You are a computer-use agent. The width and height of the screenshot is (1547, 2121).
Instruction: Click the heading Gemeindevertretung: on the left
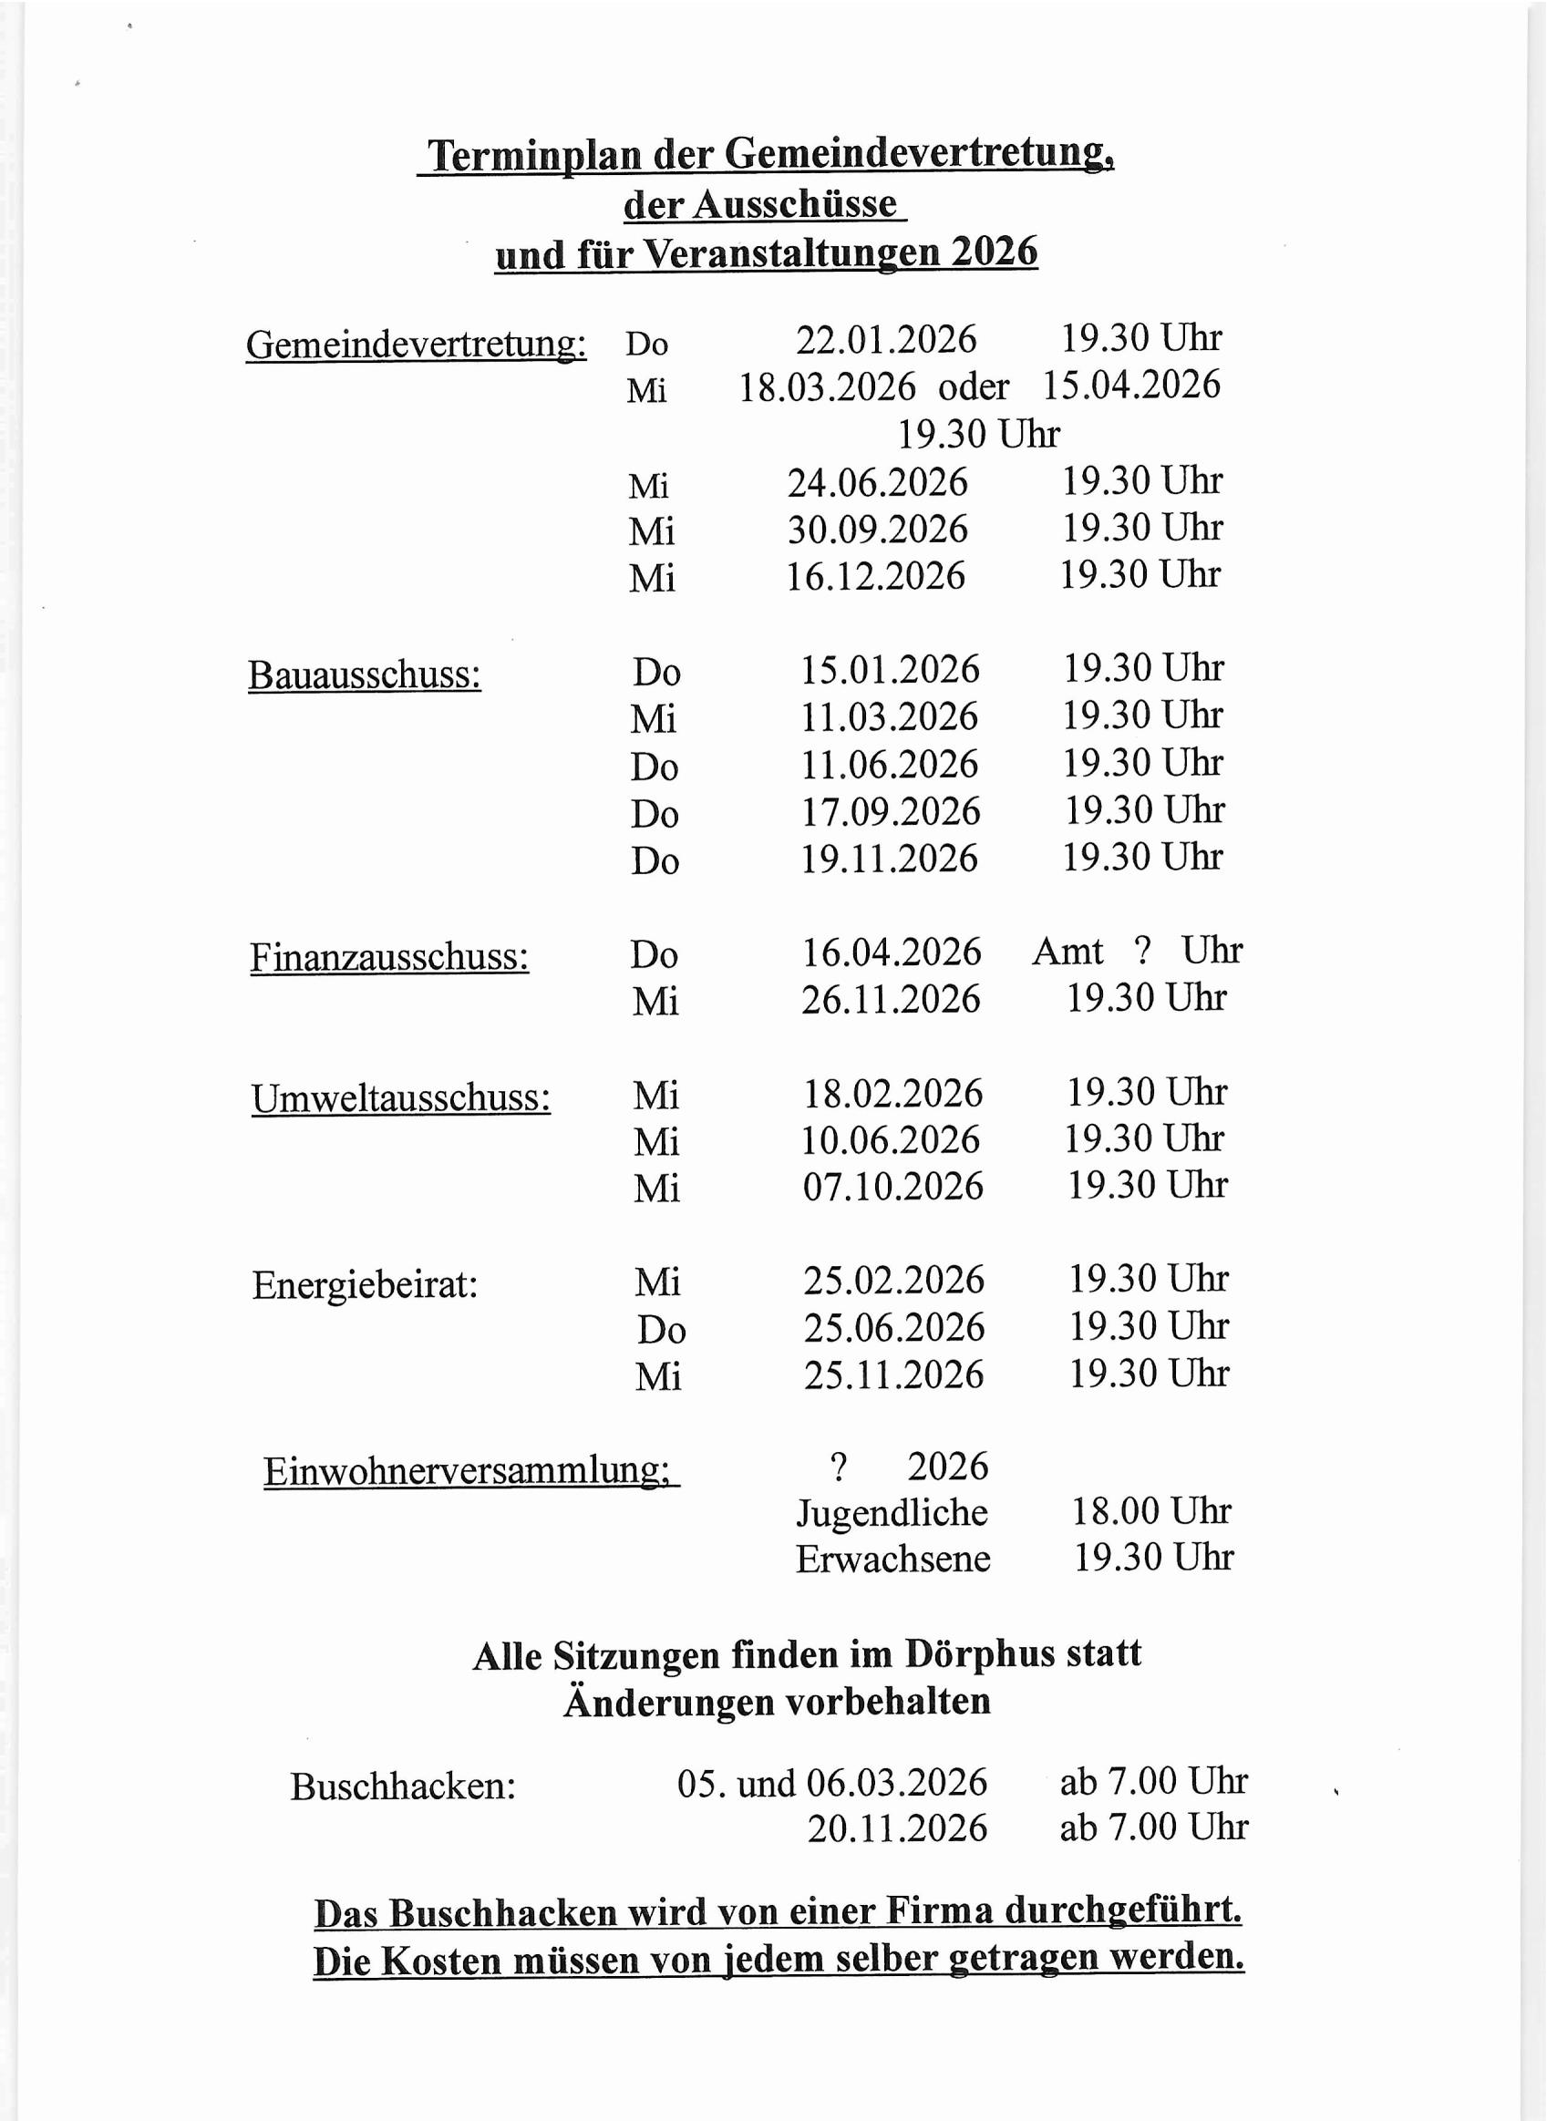coord(416,345)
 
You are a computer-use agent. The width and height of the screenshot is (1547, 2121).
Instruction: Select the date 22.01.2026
coord(886,340)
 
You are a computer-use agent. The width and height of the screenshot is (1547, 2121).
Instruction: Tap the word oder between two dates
coord(974,386)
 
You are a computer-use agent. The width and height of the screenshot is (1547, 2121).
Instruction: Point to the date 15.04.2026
coord(1131,385)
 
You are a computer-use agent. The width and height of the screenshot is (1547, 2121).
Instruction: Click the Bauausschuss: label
coord(365,675)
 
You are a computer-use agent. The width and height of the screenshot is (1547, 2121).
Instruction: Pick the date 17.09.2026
coord(890,812)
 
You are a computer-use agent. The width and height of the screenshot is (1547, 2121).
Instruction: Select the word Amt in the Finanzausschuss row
coord(1067,952)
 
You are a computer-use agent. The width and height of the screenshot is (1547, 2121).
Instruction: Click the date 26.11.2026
coord(890,999)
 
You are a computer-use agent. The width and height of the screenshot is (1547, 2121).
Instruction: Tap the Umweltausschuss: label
coord(401,1098)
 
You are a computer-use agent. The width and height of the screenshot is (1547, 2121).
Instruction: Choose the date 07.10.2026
coord(892,1187)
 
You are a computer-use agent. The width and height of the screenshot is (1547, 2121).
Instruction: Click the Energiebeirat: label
coord(365,1285)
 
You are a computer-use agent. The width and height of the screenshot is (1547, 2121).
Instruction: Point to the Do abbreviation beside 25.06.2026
coord(661,1330)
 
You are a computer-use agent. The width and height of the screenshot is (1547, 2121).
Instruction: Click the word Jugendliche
coord(892,1513)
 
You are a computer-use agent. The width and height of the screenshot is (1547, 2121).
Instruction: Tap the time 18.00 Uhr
coord(1150,1511)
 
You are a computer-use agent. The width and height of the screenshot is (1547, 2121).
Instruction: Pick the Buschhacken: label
coord(403,1786)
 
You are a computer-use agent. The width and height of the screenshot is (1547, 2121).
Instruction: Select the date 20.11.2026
coord(897,1828)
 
